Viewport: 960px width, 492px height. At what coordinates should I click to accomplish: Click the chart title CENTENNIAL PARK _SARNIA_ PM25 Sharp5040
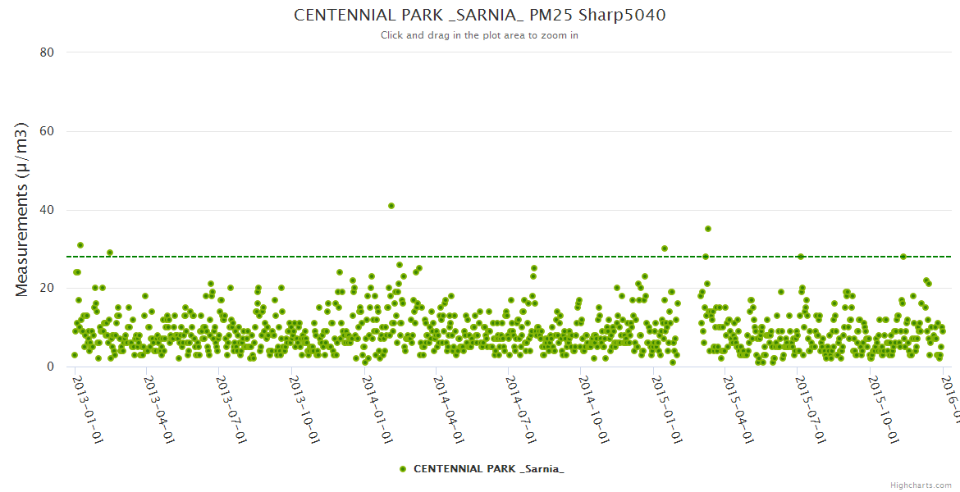coord(479,16)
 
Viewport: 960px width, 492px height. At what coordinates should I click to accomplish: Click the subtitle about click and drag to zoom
coord(479,35)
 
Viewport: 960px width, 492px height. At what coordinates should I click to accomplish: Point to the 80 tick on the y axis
coord(47,52)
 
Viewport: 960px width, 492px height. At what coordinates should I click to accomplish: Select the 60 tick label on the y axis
coord(47,131)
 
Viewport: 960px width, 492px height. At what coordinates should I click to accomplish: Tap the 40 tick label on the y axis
coord(47,210)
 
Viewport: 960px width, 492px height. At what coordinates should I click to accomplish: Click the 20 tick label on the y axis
coord(47,288)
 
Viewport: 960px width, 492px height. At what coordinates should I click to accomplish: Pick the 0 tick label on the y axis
coord(50,367)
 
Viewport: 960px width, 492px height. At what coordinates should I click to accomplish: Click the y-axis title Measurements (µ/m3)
coord(22,209)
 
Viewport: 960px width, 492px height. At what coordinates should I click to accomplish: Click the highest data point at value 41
coord(391,206)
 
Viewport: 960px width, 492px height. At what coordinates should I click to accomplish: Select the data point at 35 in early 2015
coord(708,229)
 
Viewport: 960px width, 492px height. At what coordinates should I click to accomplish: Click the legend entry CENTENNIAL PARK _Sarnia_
coord(482,469)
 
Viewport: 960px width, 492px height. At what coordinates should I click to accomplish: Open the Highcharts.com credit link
coord(920,485)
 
